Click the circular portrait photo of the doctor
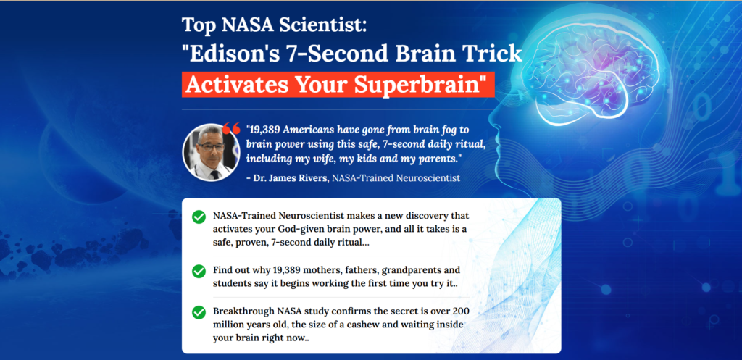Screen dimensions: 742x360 [211, 152]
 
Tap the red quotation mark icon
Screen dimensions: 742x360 [231, 128]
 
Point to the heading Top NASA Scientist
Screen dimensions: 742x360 [275, 25]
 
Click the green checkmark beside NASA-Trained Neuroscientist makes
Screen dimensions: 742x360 [199, 217]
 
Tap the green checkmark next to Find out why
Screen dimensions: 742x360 [199, 272]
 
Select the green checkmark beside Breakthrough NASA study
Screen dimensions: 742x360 [199, 312]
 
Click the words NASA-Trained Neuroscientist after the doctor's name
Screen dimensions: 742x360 [396, 178]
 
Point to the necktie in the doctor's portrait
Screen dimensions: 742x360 [214, 174]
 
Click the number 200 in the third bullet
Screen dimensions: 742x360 [460, 311]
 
